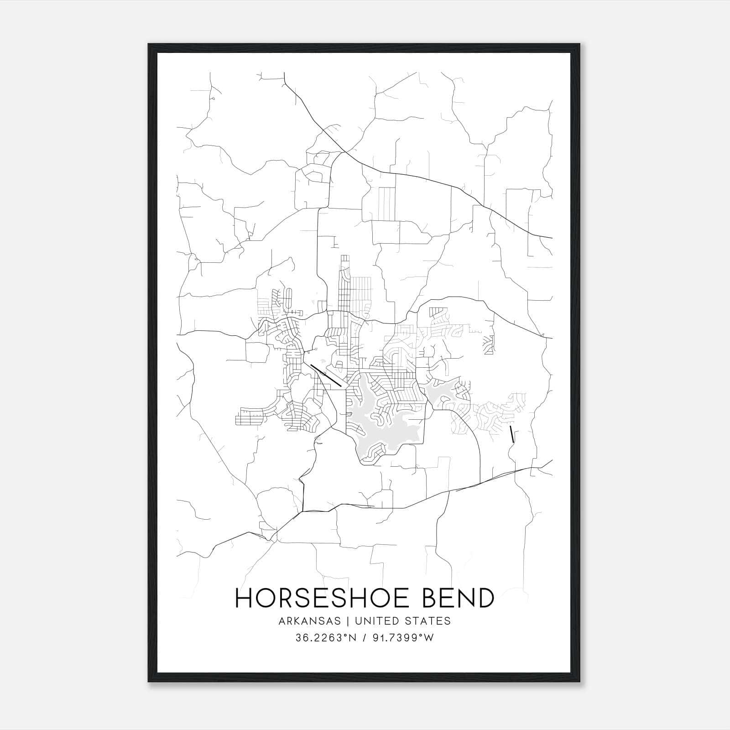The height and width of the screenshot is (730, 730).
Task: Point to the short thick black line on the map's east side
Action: click(512, 434)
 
